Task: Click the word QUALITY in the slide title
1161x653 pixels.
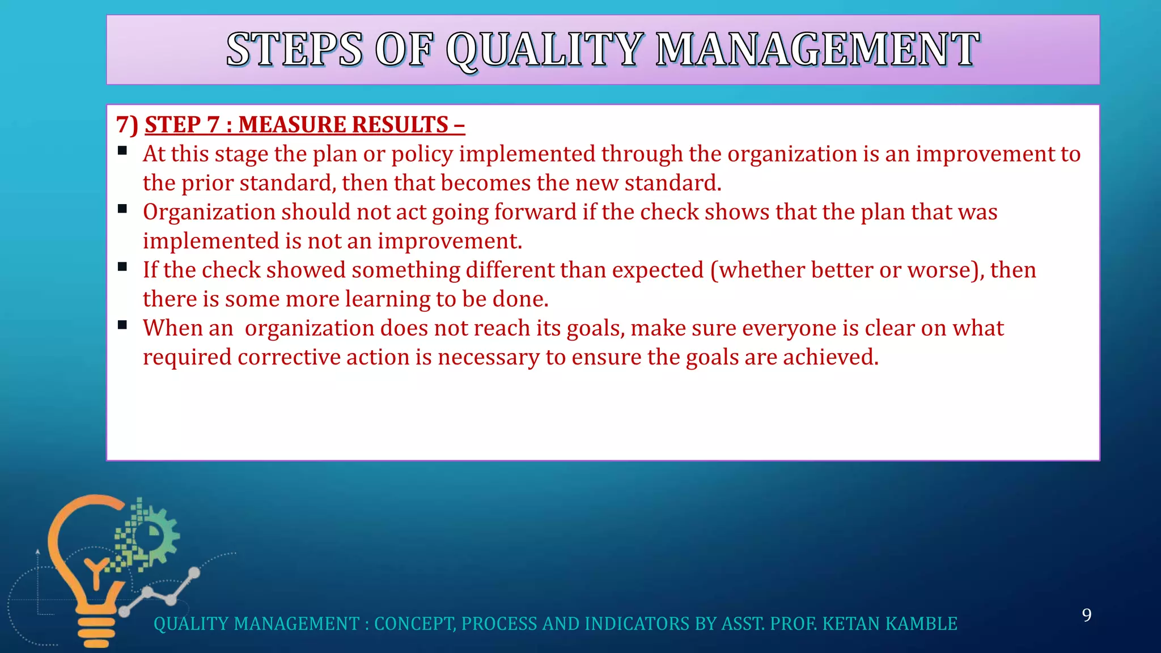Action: coord(544,50)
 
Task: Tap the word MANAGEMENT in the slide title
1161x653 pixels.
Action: coord(817,50)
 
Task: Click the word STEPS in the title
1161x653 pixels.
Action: coord(294,50)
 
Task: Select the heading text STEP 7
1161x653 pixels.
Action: coord(181,125)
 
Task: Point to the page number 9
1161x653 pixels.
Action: coord(1086,615)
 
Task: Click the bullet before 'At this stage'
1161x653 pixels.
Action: coord(122,151)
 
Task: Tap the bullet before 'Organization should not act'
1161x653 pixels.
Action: coord(122,209)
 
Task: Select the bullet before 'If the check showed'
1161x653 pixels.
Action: coord(122,267)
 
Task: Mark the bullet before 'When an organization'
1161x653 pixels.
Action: coord(122,325)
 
